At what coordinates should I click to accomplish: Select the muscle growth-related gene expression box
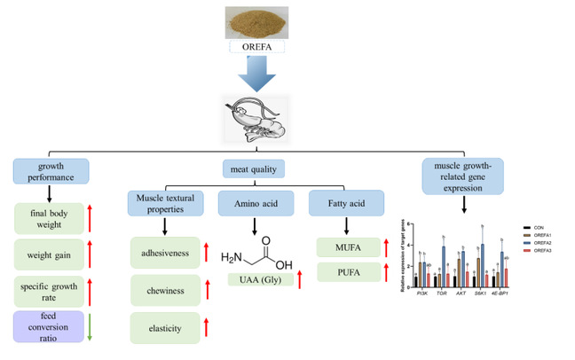[x=469, y=172]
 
